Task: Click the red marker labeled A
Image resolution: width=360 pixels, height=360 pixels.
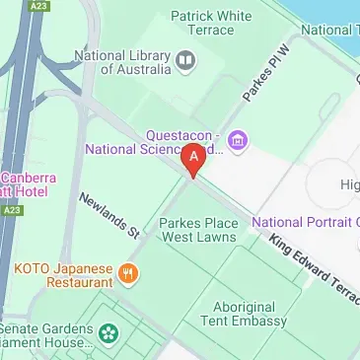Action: point(194,158)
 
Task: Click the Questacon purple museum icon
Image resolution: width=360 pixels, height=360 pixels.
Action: point(237,140)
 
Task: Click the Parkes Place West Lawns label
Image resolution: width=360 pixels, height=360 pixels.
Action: point(198,230)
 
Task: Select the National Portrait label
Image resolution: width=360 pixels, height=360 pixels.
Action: point(306,222)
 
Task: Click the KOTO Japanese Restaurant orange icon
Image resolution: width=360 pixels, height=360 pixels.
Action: point(126,273)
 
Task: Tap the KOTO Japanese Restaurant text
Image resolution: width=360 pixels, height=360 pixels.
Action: point(62,274)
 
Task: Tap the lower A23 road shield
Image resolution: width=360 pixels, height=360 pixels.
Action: point(12,209)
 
